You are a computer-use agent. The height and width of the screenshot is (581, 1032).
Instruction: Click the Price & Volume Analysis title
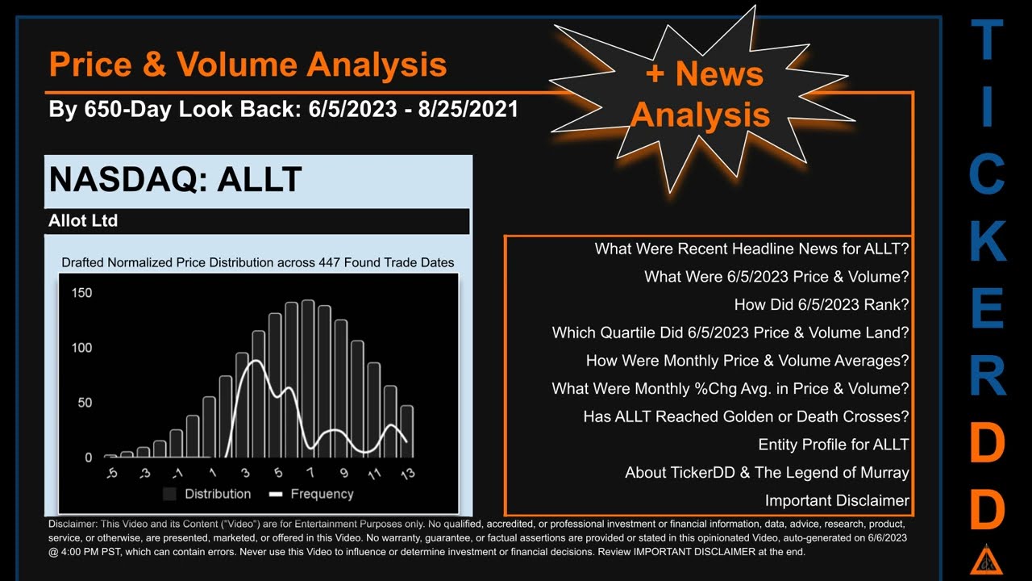pyautogui.click(x=248, y=64)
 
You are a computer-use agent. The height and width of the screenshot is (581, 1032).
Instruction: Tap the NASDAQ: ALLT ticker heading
pyautogui.click(x=175, y=180)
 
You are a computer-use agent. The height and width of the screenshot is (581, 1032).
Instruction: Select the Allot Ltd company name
pyautogui.click(x=83, y=221)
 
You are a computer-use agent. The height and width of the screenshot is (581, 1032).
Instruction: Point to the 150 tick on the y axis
pyautogui.click(x=81, y=293)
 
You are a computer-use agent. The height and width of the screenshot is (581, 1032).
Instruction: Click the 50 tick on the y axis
pyautogui.click(x=84, y=403)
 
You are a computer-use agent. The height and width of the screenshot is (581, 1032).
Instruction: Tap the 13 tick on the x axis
pyautogui.click(x=407, y=473)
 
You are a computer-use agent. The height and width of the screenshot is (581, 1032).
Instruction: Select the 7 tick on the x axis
pyautogui.click(x=309, y=473)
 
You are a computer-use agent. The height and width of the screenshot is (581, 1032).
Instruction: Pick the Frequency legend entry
pyautogui.click(x=312, y=494)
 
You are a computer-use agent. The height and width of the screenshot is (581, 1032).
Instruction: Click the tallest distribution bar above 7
pyautogui.click(x=307, y=379)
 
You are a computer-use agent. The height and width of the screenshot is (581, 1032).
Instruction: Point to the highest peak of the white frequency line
pyautogui.click(x=255, y=362)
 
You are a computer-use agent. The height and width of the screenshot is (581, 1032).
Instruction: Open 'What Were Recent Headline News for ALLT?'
pyautogui.click(x=751, y=249)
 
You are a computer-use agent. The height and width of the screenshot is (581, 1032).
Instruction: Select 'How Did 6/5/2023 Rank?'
pyautogui.click(x=821, y=305)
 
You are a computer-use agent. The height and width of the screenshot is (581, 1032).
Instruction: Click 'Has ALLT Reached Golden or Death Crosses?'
pyautogui.click(x=746, y=416)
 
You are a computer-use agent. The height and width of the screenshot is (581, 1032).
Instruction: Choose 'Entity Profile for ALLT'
pyautogui.click(x=833, y=445)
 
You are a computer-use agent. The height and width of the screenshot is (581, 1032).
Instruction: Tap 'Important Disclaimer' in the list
pyautogui.click(x=837, y=500)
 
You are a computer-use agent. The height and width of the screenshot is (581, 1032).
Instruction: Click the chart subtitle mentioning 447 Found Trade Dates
pyautogui.click(x=258, y=262)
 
